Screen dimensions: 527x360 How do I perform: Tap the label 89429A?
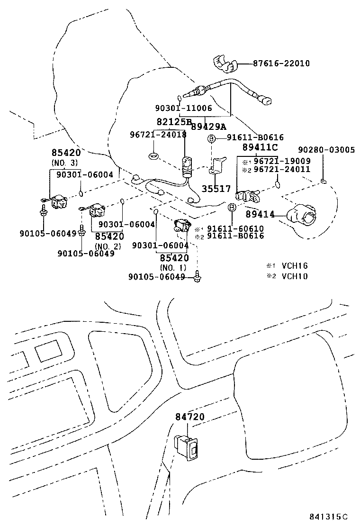[x=208, y=127]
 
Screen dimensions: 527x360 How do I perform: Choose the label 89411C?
[x=260, y=147]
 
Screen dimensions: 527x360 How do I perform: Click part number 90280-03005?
[x=326, y=150]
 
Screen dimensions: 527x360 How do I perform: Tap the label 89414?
[x=260, y=215]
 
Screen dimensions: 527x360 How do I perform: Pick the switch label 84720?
[x=189, y=417]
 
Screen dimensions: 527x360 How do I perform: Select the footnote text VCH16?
[x=294, y=266]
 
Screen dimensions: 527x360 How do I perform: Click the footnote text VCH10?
[x=294, y=276]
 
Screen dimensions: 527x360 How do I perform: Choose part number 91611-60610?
[x=235, y=228]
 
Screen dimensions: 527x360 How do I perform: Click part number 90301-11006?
[x=183, y=108]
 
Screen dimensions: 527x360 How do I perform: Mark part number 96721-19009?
[x=282, y=161]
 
